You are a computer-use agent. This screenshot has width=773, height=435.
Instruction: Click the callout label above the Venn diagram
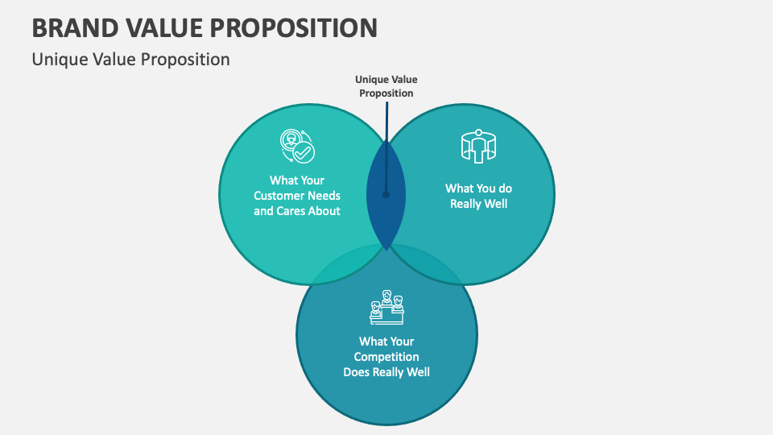386,86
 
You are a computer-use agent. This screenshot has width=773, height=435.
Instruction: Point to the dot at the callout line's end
386,194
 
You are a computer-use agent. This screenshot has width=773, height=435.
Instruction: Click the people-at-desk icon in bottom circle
386,307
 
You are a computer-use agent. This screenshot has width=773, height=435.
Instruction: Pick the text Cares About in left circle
309,211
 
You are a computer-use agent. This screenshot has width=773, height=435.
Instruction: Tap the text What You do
478,188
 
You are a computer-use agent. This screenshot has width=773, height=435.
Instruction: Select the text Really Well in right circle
478,204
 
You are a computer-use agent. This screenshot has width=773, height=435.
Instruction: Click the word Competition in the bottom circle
386,357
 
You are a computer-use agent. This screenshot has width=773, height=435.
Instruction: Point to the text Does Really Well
386,372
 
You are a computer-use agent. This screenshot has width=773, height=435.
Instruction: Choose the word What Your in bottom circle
386,342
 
